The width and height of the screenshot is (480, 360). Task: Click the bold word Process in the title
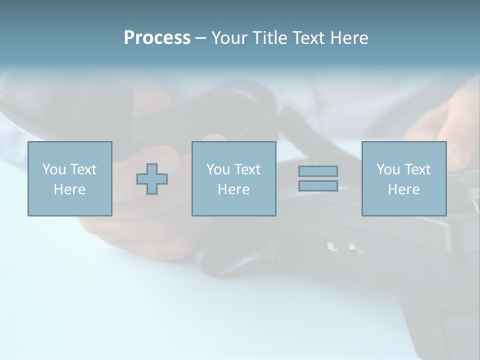click(157, 38)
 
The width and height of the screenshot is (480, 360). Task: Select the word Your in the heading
click(229, 38)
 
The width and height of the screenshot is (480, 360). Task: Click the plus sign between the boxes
click(152, 178)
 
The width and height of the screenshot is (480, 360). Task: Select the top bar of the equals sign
click(318, 171)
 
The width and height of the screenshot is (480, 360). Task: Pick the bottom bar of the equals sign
click(318, 185)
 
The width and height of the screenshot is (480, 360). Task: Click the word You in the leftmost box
click(53, 169)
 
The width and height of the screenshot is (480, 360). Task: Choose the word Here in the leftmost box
click(69, 189)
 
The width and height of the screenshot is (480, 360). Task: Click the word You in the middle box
click(218, 169)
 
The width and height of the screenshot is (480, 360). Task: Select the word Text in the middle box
click(247, 169)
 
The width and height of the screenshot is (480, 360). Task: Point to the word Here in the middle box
click(233, 189)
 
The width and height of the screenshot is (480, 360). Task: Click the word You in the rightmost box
click(388, 169)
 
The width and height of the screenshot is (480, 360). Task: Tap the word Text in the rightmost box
click(417, 169)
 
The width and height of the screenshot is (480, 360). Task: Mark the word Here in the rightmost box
click(404, 189)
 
